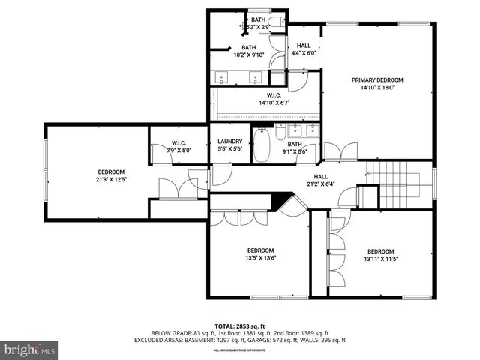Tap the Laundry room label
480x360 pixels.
229,142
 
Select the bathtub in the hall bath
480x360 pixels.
262,146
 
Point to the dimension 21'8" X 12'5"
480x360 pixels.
110,179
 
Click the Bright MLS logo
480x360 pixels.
30,349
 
